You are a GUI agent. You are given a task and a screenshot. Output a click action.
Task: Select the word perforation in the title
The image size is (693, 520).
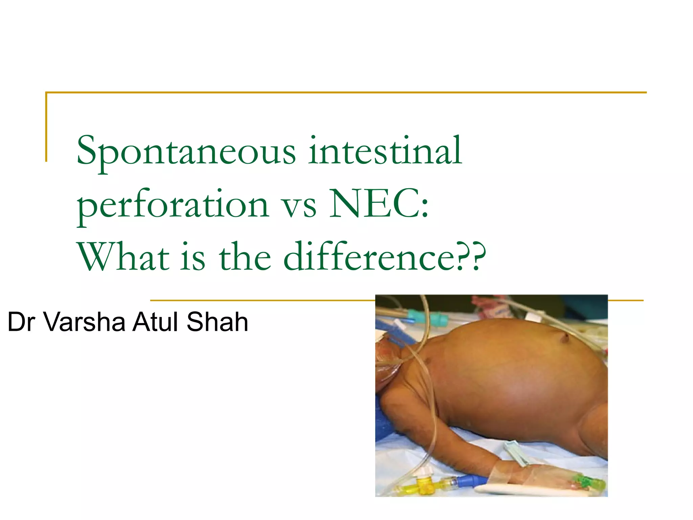(173, 205)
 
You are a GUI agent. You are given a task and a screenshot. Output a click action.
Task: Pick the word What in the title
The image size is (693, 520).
(123, 257)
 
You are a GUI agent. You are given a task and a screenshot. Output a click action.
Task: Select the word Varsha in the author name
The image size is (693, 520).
(85, 322)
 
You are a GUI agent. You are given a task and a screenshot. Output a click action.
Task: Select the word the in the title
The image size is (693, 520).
(245, 257)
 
